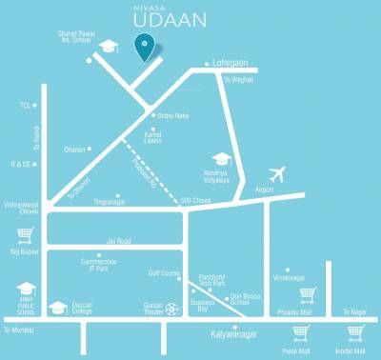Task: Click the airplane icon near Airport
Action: [x=277, y=175]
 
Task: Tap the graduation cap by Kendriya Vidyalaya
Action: [x=222, y=159]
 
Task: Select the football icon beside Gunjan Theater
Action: [x=171, y=309]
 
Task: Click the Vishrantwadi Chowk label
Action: [x=19, y=206]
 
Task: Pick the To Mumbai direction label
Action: [x=18, y=330]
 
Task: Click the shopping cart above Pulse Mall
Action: [x=301, y=333]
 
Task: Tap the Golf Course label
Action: [x=164, y=272]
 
